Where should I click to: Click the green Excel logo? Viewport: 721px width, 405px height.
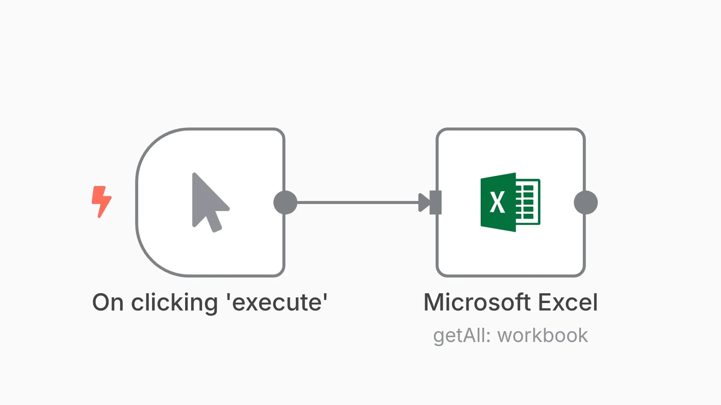(x=510, y=202)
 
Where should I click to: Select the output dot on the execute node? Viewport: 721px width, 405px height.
(x=285, y=202)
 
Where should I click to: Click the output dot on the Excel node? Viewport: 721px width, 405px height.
(x=586, y=202)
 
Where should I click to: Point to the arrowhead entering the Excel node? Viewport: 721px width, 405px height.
(x=424, y=202)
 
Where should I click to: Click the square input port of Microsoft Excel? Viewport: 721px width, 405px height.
(x=436, y=202)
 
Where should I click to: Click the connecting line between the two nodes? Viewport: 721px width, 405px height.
(x=358, y=202)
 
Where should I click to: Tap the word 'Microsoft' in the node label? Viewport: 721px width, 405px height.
(x=477, y=302)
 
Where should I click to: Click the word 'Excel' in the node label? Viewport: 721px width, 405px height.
(x=568, y=302)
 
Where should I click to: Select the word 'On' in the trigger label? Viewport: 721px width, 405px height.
(x=108, y=302)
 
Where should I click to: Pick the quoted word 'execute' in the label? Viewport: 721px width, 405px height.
(x=277, y=302)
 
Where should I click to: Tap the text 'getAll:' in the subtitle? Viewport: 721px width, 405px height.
(x=462, y=336)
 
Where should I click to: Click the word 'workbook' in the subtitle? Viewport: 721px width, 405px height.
(x=543, y=335)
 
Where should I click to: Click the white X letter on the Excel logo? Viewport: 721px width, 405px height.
(x=497, y=202)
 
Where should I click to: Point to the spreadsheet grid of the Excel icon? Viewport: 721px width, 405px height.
(x=528, y=202)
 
